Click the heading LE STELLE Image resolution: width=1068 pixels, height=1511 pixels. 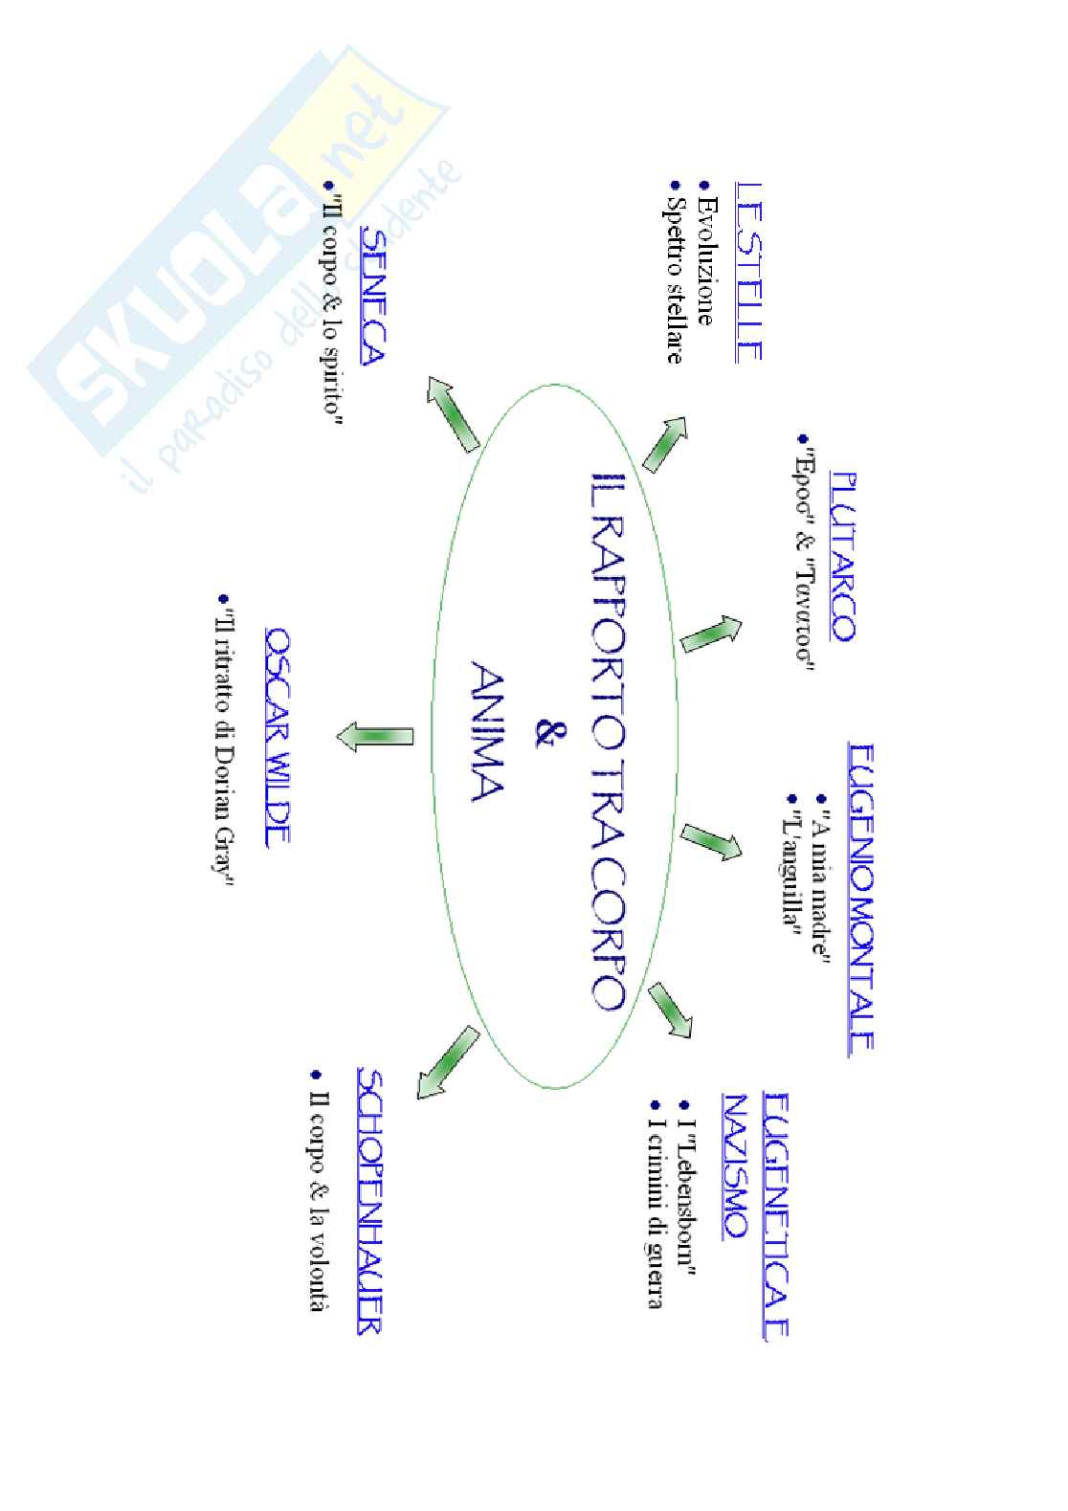(x=749, y=272)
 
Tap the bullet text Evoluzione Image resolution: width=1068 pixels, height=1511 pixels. (x=706, y=261)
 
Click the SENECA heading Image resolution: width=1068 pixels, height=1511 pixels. (x=374, y=296)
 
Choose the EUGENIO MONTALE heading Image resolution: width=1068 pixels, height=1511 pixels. (x=861, y=897)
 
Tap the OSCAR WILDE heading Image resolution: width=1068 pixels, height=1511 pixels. (x=278, y=737)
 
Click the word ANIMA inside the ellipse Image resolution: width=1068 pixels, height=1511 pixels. (x=488, y=737)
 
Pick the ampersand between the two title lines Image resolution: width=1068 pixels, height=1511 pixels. (x=545, y=735)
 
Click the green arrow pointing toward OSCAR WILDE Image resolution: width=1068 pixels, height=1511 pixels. (x=375, y=737)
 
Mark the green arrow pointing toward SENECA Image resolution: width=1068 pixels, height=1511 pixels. (x=453, y=414)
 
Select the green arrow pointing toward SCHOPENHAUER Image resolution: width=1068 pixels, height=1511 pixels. (x=447, y=1062)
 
